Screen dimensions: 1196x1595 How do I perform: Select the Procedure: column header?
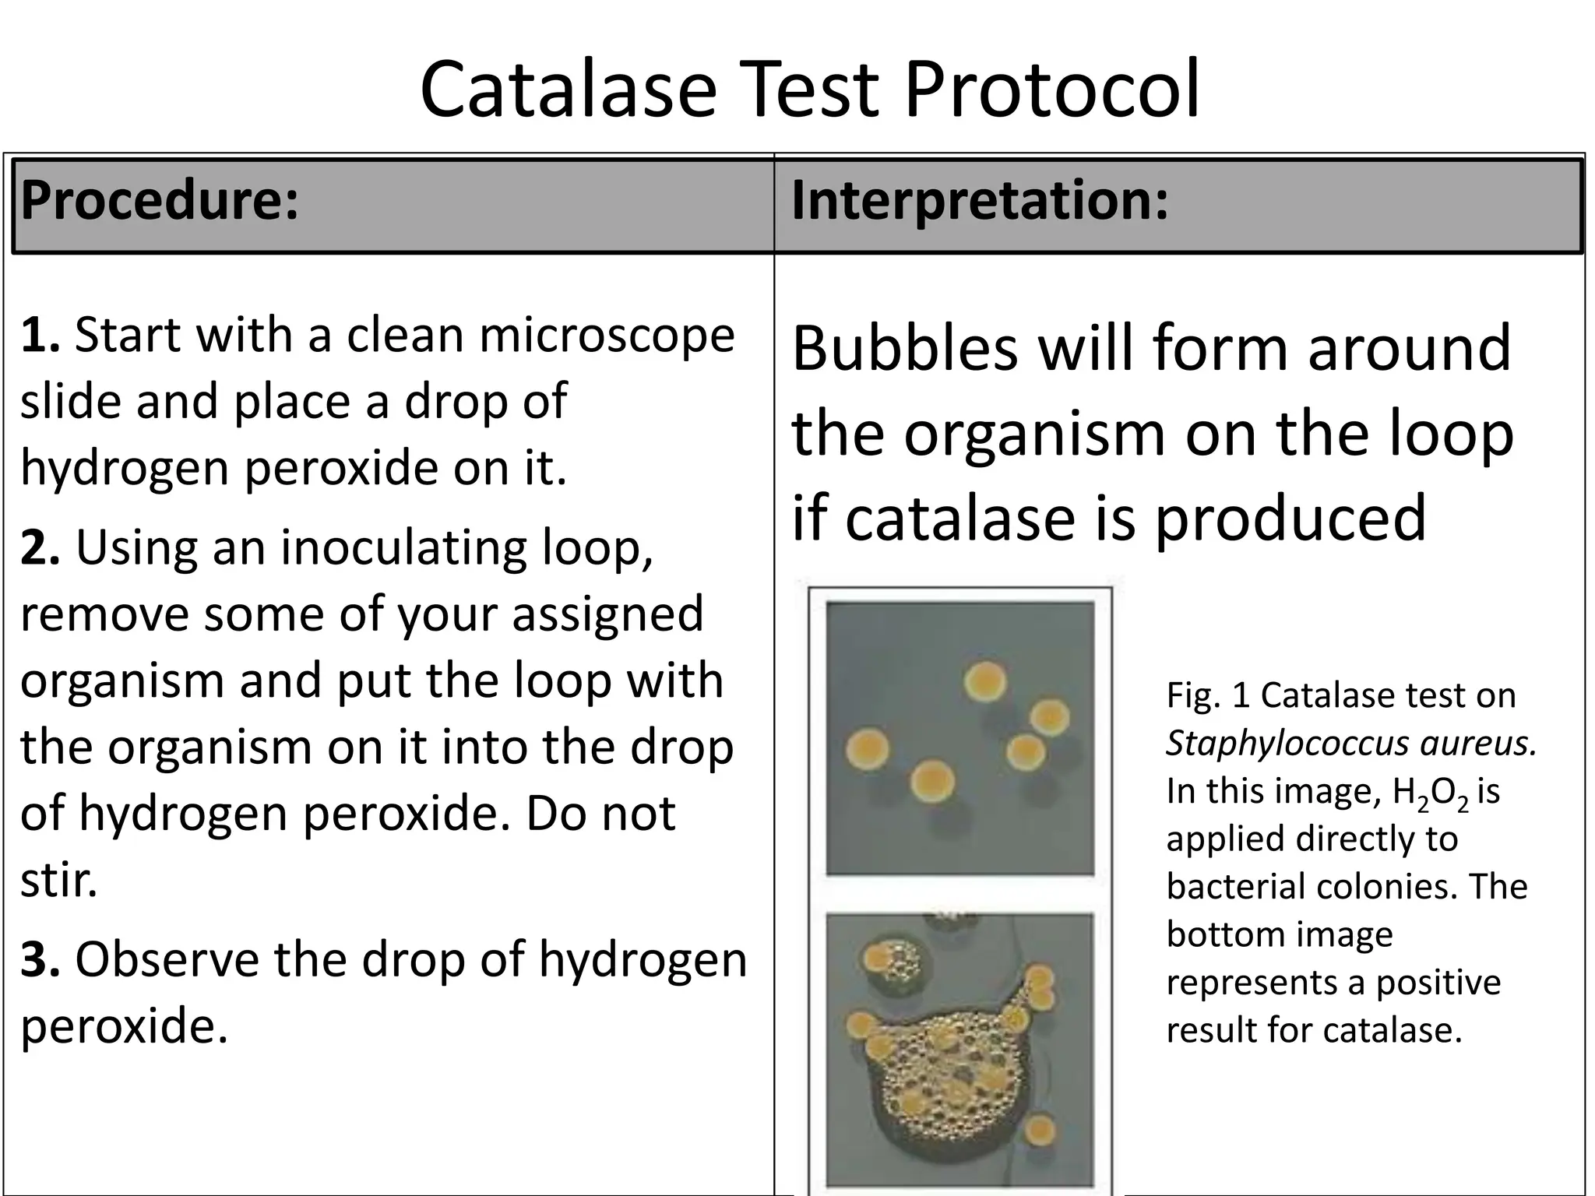160,201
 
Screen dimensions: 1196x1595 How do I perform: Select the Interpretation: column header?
980,201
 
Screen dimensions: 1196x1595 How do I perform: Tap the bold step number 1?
39,335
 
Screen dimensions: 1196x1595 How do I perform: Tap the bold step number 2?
39,547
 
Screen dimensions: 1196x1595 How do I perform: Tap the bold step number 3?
39,959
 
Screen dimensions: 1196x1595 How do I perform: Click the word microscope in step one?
607,335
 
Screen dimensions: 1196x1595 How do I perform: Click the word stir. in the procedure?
58,880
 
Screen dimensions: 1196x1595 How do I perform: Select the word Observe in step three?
167,959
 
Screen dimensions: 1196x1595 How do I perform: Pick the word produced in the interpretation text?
1290,518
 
